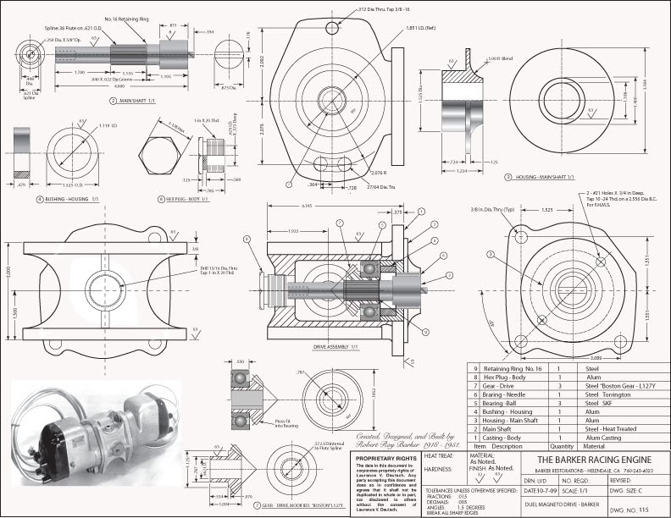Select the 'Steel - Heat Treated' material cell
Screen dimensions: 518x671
pos(605,429)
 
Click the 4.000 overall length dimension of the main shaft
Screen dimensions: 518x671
pos(100,85)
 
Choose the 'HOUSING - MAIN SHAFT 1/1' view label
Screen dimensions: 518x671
pos(541,177)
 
